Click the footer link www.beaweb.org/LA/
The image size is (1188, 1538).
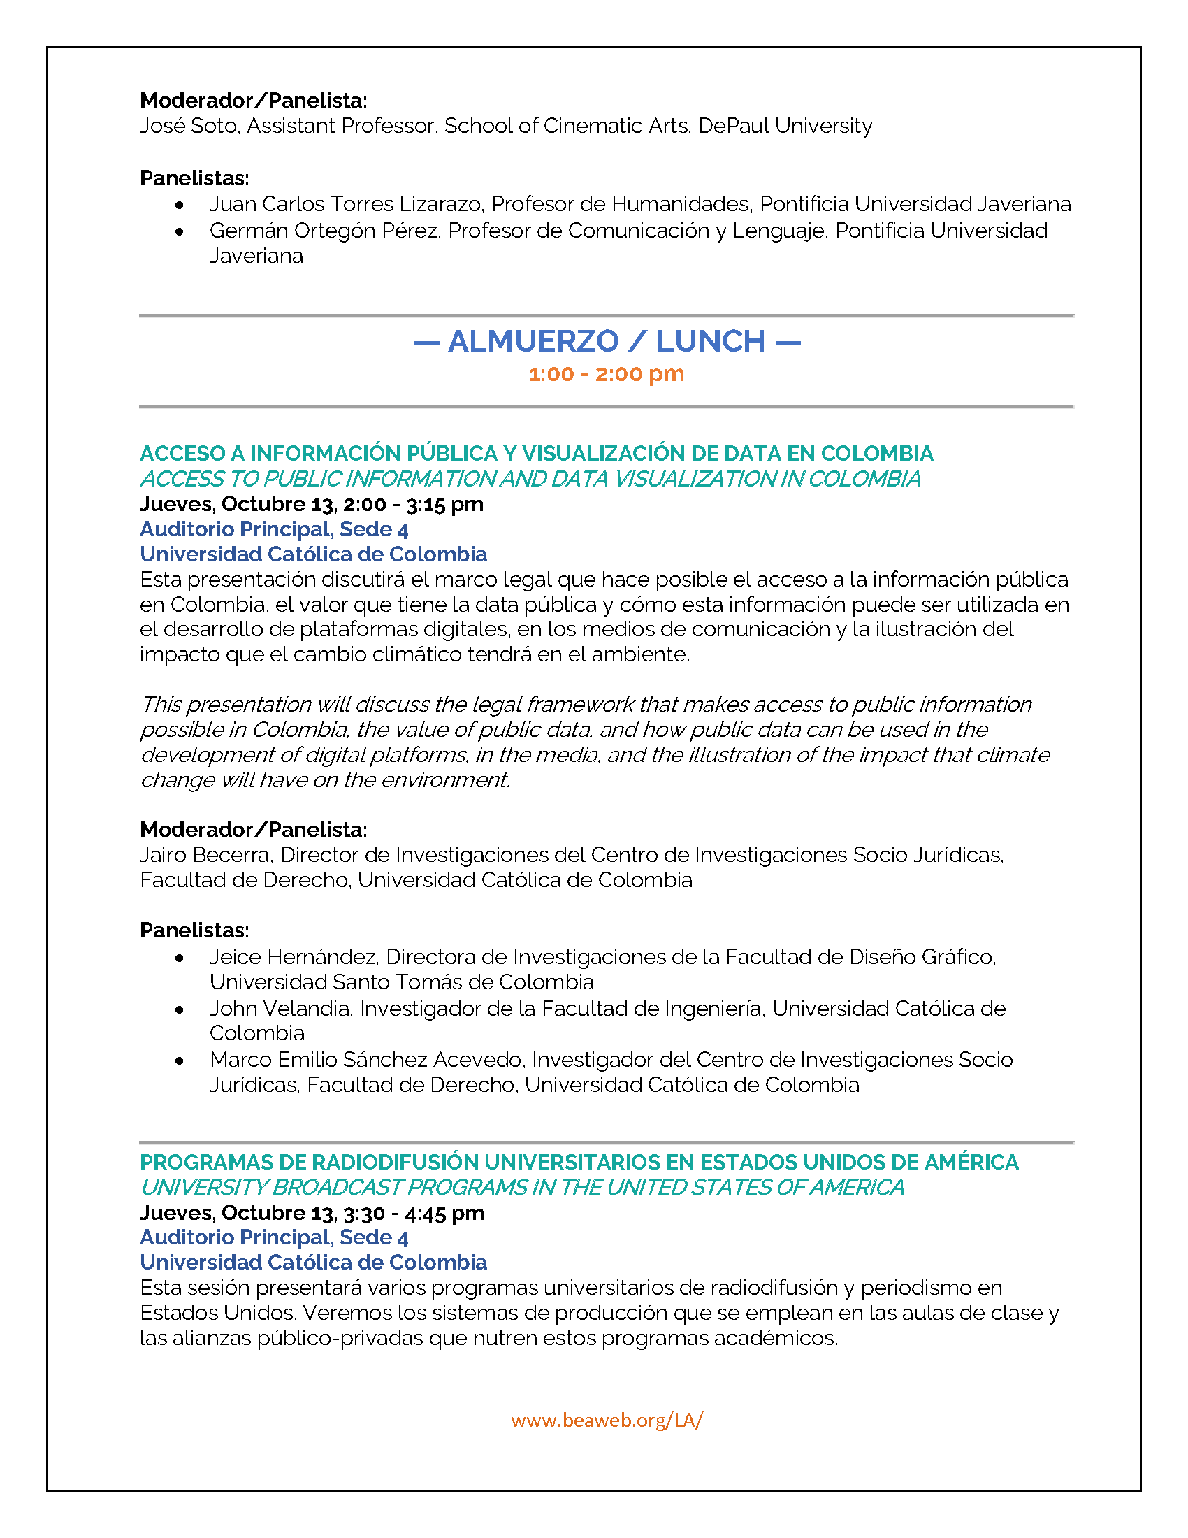606,1420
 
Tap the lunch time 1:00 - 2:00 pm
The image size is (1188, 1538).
606,374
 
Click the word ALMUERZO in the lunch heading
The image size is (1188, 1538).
533,342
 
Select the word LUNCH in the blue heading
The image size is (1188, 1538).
711,342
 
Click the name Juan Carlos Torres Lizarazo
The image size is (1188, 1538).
345,204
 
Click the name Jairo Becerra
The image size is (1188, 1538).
205,855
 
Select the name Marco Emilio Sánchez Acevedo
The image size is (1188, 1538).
366,1060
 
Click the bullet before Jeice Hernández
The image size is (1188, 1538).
180,958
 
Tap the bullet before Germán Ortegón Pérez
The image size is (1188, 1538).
180,231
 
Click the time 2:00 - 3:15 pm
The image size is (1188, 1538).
413,504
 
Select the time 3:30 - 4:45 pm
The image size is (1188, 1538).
414,1213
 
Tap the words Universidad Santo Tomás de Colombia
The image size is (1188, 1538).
401,982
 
